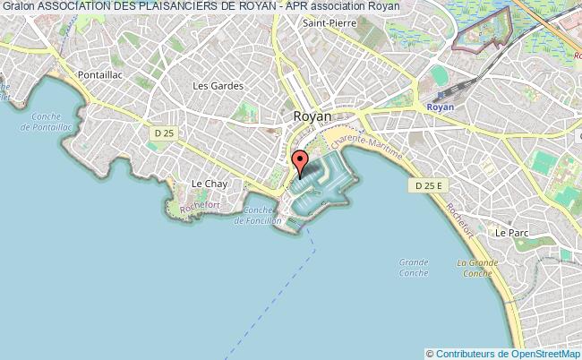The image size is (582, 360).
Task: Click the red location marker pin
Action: pyautogui.click(x=300, y=163)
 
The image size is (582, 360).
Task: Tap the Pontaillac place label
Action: pyautogui.click(x=98, y=75)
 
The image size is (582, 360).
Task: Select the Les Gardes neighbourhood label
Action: pyautogui.click(x=212, y=86)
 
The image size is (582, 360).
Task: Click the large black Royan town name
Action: pyautogui.click(x=312, y=116)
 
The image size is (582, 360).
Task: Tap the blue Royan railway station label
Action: pyautogui.click(x=441, y=105)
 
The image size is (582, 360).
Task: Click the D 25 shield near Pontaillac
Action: pyautogui.click(x=161, y=133)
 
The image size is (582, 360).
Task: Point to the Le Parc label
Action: pyautogui.click(x=512, y=232)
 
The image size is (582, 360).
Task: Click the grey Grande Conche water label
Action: pyautogui.click(x=413, y=268)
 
